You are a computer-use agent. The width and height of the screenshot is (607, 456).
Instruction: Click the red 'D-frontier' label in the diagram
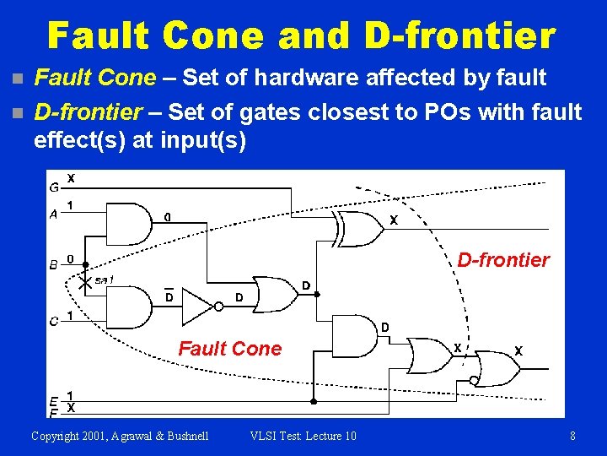[502, 260]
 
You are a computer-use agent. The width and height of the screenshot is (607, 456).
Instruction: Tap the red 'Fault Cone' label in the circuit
[229, 349]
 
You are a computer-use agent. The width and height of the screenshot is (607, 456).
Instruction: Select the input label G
[54, 187]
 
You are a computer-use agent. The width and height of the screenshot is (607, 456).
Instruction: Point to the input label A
[54, 214]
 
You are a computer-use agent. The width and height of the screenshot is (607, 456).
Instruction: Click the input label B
[54, 265]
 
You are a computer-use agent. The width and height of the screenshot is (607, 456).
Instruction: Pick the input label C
[54, 321]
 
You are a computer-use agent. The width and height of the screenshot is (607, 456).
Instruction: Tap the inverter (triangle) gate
[199, 306]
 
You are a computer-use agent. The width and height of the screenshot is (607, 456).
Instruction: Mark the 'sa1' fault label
[105, 280]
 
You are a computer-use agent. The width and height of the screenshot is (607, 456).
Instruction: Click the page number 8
[572, 436]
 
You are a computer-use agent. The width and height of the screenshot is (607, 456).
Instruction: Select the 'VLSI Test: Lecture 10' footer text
[303, 436]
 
